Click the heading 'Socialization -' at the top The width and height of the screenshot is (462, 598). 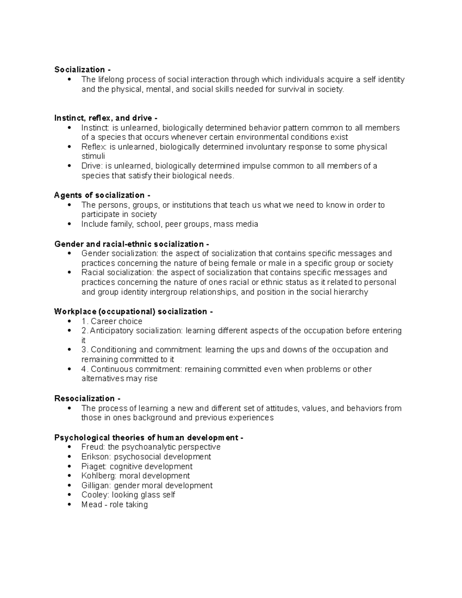click(82, 70)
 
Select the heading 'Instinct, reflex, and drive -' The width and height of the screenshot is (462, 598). click(106, 118)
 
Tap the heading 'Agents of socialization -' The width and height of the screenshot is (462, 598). click(102, 195)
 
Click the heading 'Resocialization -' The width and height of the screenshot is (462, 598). click(87, 399)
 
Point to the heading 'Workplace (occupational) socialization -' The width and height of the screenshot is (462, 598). click(133, 312)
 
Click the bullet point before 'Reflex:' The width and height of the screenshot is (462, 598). click(69, 147)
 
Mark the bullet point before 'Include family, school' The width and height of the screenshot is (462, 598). click(69, 224)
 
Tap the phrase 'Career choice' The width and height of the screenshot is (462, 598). click(116, 321)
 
